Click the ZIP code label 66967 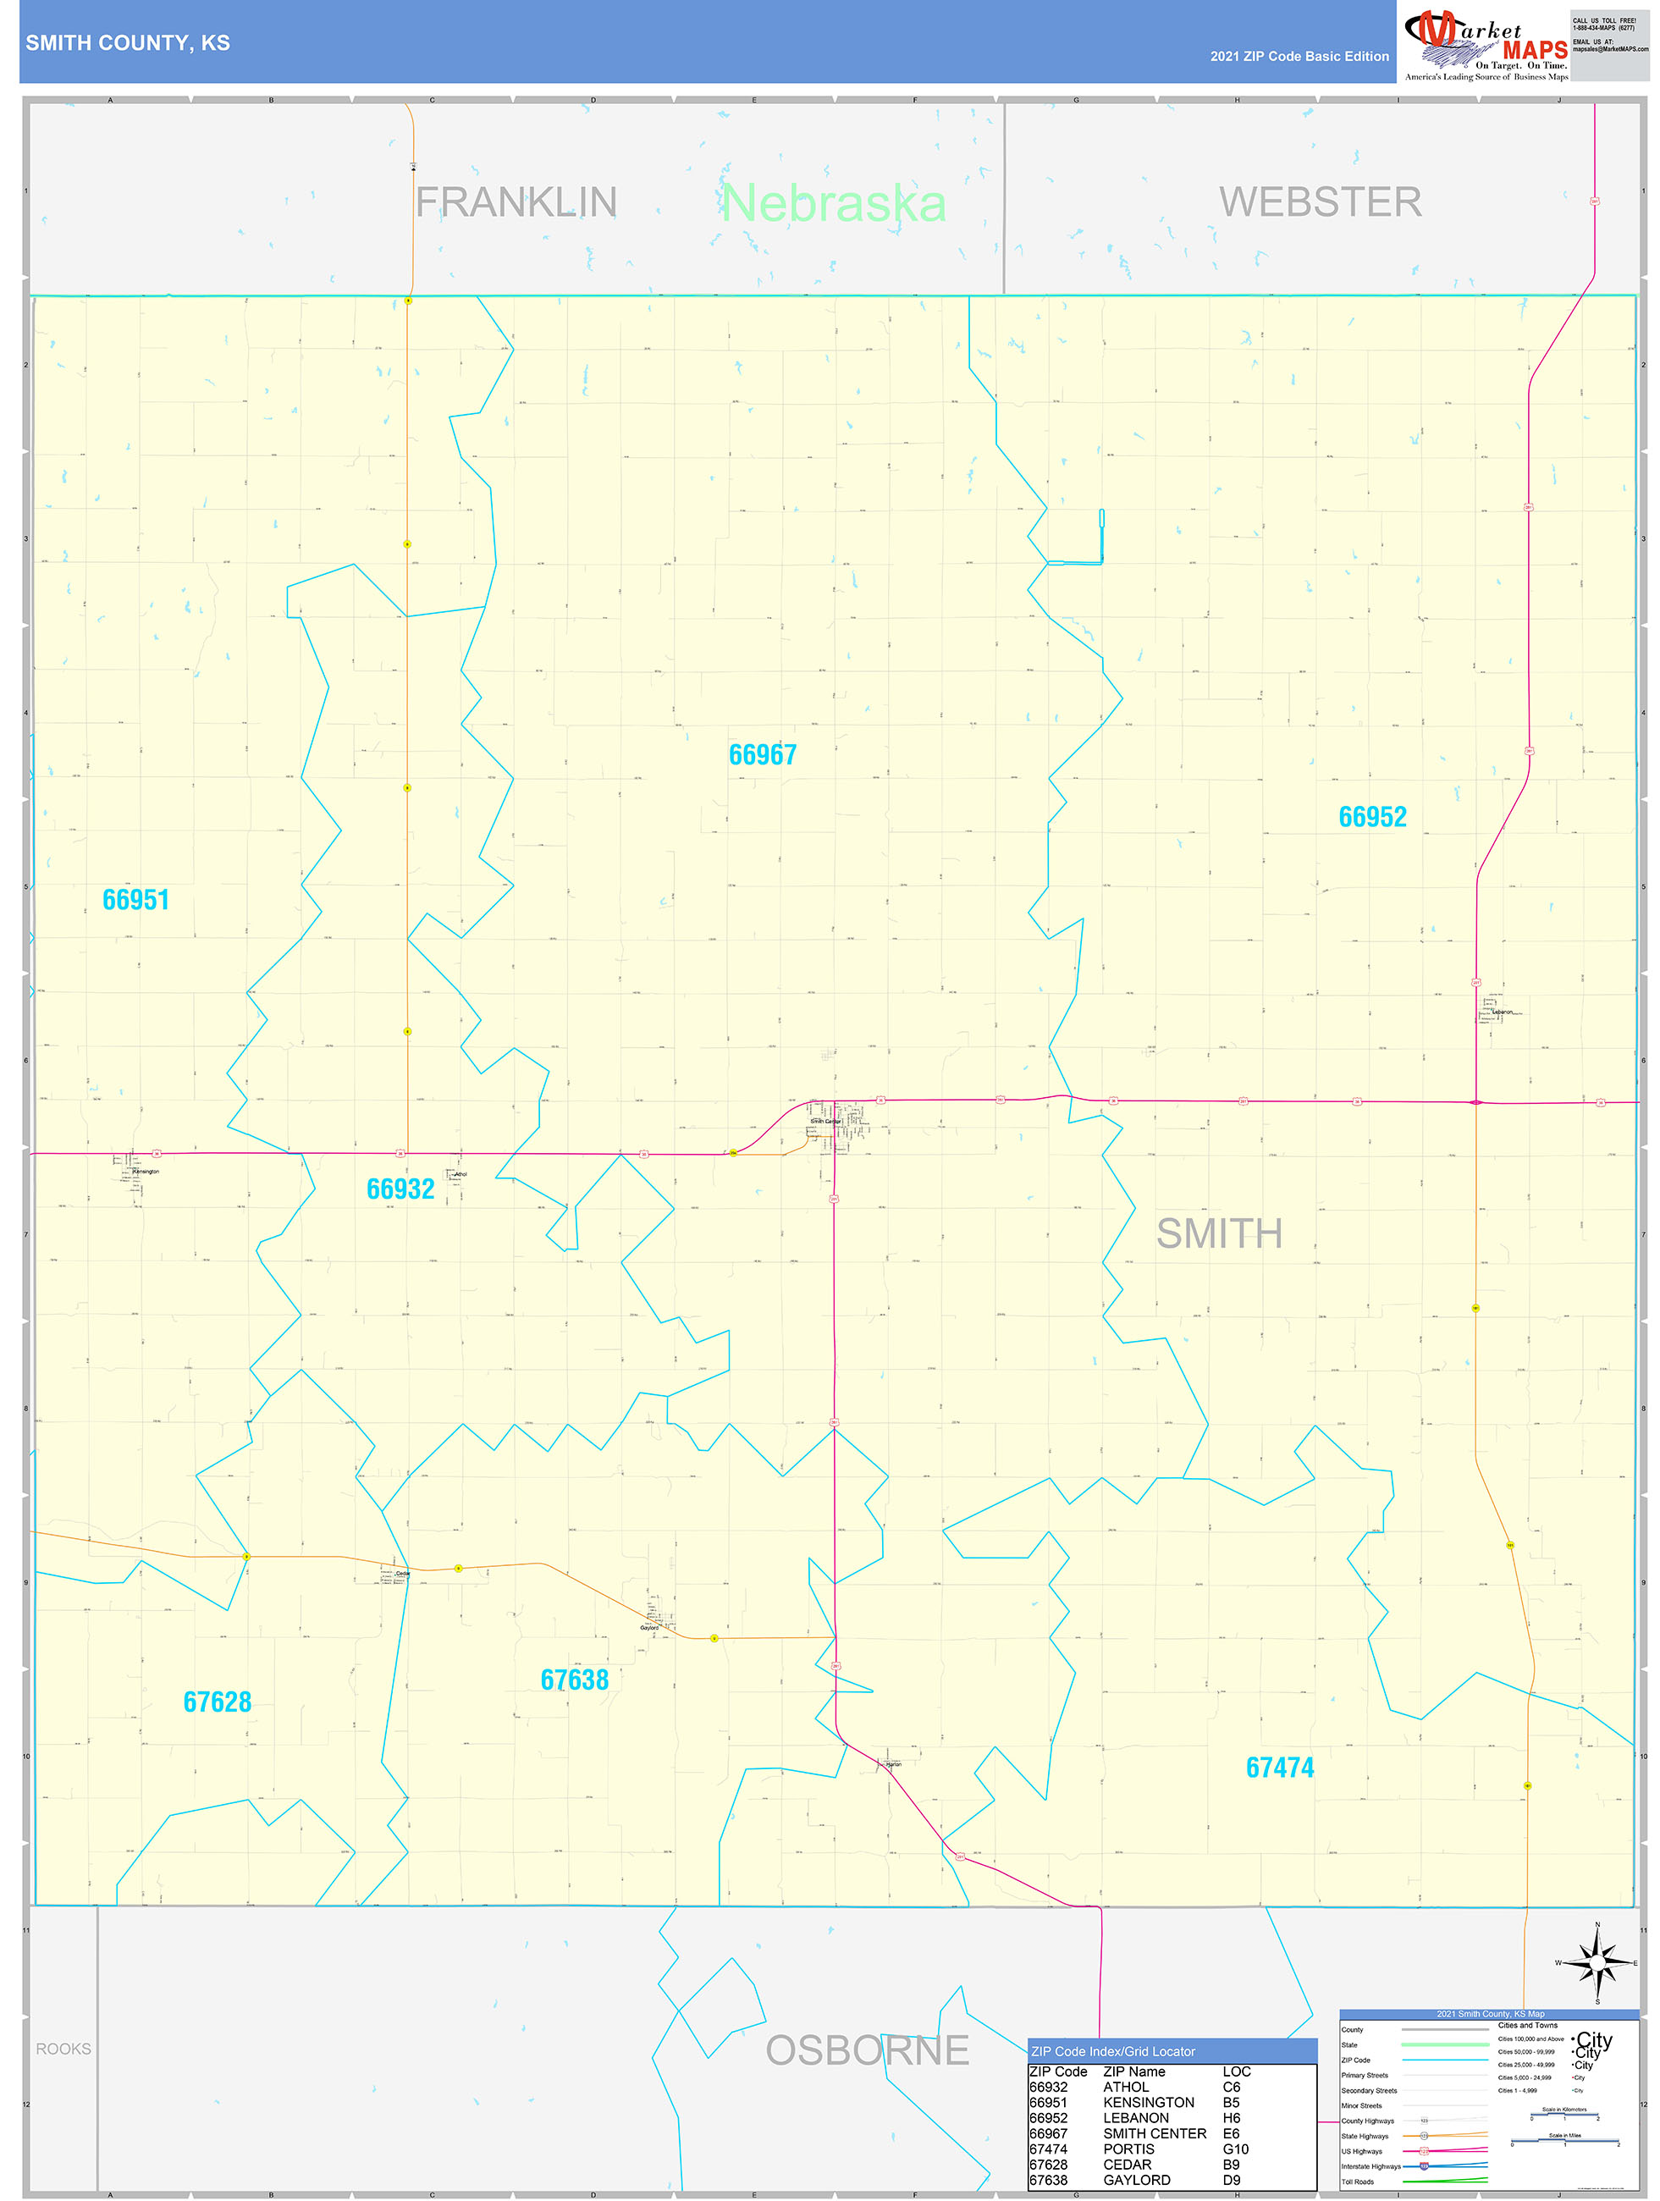(763, 755)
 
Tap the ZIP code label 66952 (1372, 817)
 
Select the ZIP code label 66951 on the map (136, 900)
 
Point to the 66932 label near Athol (400, 1189)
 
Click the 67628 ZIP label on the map (217, 1702)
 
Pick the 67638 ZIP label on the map (574, 1680)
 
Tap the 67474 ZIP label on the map (1280, 1768)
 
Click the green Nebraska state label (833, 204)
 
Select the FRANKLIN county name (516, 203)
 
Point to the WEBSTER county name (1320, 202)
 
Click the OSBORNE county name (867, 2051)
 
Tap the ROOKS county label (63, 2049)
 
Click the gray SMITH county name (1219, 1234)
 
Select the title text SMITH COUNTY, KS (127, 43)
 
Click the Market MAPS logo (1486, 44)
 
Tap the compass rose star (1597, 1963)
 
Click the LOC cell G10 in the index (1235, 2149)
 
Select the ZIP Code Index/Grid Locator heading (1112, 2052)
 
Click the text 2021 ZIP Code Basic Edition (1299, 57)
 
